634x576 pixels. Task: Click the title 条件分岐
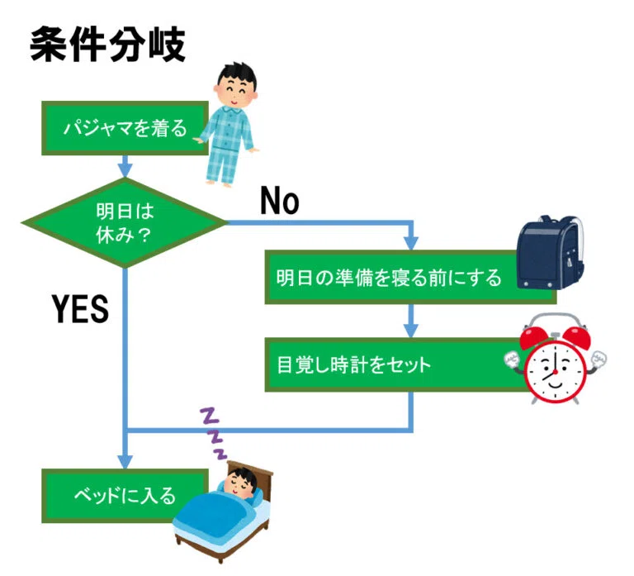(107, 45)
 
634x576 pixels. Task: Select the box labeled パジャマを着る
(125, 128)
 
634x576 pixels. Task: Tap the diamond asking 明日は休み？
(125, 222)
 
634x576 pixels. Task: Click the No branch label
(279, 201)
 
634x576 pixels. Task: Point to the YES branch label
(80, 309)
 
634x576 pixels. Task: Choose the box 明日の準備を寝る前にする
(410, 278)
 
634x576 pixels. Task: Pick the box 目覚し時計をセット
(405, 364)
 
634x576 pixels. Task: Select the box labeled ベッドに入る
(125, 496)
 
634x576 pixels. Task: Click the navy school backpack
(551, 253)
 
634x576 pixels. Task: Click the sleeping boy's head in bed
(241, 481)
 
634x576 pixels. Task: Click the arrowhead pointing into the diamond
(125, 171)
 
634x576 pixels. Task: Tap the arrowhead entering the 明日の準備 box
(411, 244)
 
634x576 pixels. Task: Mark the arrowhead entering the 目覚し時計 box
(411, 331)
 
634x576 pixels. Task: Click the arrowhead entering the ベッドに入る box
(125, 461)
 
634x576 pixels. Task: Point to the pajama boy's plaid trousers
(221, 165)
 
